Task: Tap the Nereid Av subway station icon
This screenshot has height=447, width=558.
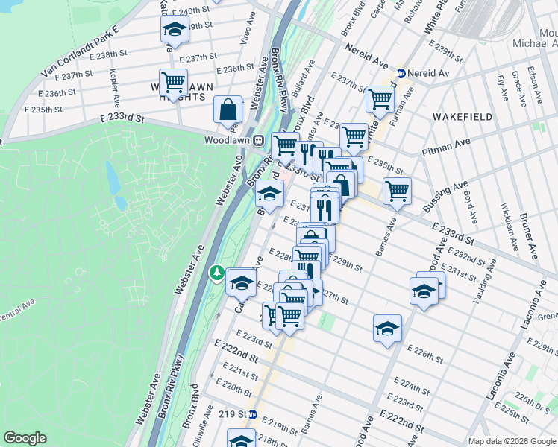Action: point(401,74)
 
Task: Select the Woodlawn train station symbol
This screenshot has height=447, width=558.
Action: point(259,139)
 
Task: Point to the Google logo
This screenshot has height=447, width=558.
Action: point(25,438)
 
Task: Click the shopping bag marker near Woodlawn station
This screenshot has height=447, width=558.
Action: point(228,110)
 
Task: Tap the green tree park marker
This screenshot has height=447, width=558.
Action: point(217,273)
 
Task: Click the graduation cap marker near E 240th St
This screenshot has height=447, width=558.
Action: point(174,31)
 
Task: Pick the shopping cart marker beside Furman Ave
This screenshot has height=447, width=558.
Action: point(380,98)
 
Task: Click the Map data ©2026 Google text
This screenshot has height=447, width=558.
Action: point(512,440)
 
